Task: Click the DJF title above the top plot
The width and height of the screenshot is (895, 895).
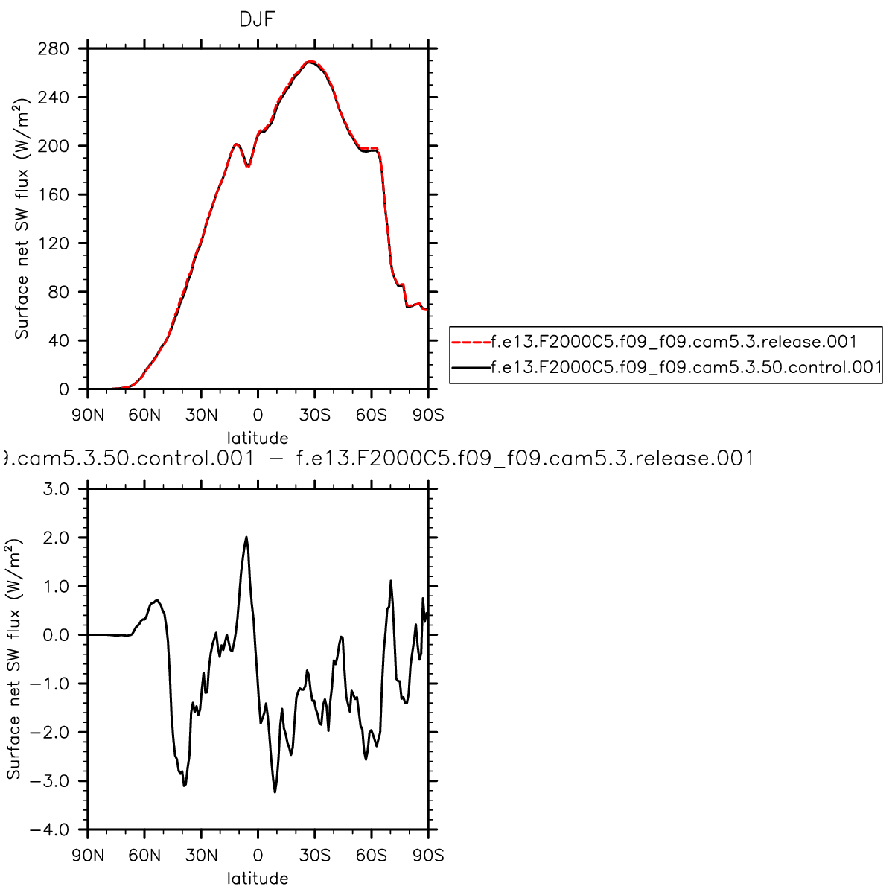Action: coord(257,20)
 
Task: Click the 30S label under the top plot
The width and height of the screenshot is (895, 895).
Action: coord(315,415)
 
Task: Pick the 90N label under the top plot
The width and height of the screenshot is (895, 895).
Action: coord(88,415)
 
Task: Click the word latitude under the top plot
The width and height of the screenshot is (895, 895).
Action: coord(258,438)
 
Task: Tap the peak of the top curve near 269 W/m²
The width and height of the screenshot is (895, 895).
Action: coord(310,62)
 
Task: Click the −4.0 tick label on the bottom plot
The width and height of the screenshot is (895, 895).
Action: coord(48,829)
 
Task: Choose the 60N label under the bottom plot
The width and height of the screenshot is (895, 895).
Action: coord(144,855)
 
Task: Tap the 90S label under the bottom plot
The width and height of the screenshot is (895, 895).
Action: coord(428,855)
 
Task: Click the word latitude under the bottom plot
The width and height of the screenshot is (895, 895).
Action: coord(258,879)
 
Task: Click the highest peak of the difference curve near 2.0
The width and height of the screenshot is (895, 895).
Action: coord(246,537)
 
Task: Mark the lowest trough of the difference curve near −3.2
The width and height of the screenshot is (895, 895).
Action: coord(275,792)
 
